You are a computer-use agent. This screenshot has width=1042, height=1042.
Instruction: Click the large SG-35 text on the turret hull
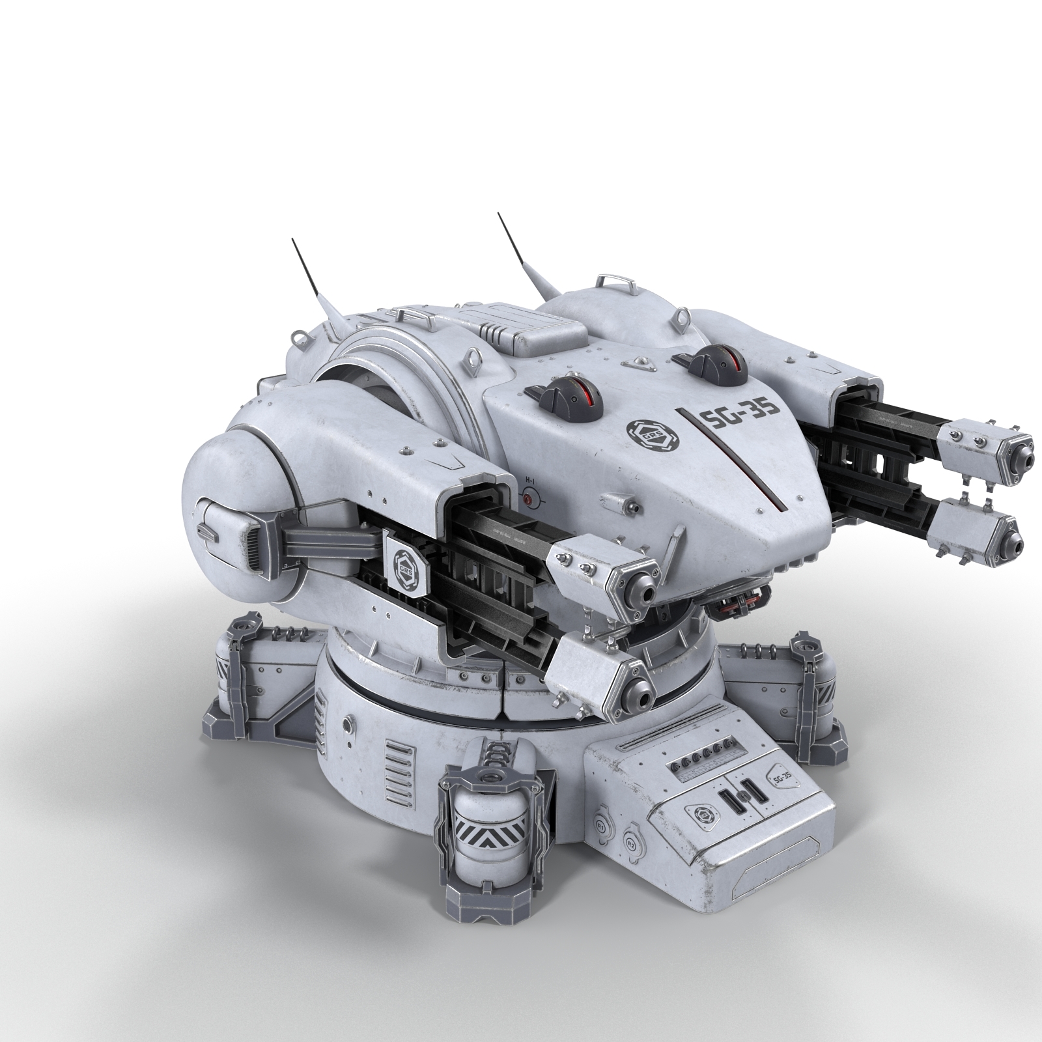739,424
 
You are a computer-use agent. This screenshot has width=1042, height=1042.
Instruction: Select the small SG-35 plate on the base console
780,777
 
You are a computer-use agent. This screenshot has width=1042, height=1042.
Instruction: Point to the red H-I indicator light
528,500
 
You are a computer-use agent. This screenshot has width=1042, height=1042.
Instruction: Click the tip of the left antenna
292,239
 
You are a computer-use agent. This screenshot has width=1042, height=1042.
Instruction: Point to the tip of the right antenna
500,213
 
